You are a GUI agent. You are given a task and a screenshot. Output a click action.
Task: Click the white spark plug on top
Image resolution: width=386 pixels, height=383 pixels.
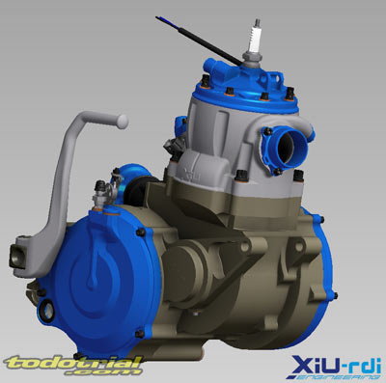(x=255, y=41)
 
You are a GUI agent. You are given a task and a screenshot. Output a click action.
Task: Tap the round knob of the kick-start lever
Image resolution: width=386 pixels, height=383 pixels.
(x=123, y=122)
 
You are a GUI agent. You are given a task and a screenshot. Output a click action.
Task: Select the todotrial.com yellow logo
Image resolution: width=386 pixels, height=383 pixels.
(x=72, y=365)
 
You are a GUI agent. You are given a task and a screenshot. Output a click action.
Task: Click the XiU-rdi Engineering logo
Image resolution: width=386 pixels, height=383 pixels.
(x=336, y=368)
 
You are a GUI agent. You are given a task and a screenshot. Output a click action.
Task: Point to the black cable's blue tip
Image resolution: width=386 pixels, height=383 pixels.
(x=160, y=18)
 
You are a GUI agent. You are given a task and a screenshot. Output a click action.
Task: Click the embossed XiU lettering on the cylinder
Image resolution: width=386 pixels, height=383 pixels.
(x=191, y=174)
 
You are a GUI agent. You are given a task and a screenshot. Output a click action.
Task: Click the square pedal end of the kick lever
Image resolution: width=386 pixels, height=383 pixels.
(x=18, y=255)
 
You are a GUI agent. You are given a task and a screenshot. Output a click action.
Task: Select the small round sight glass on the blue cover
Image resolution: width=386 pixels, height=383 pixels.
(x=47, y=310)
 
